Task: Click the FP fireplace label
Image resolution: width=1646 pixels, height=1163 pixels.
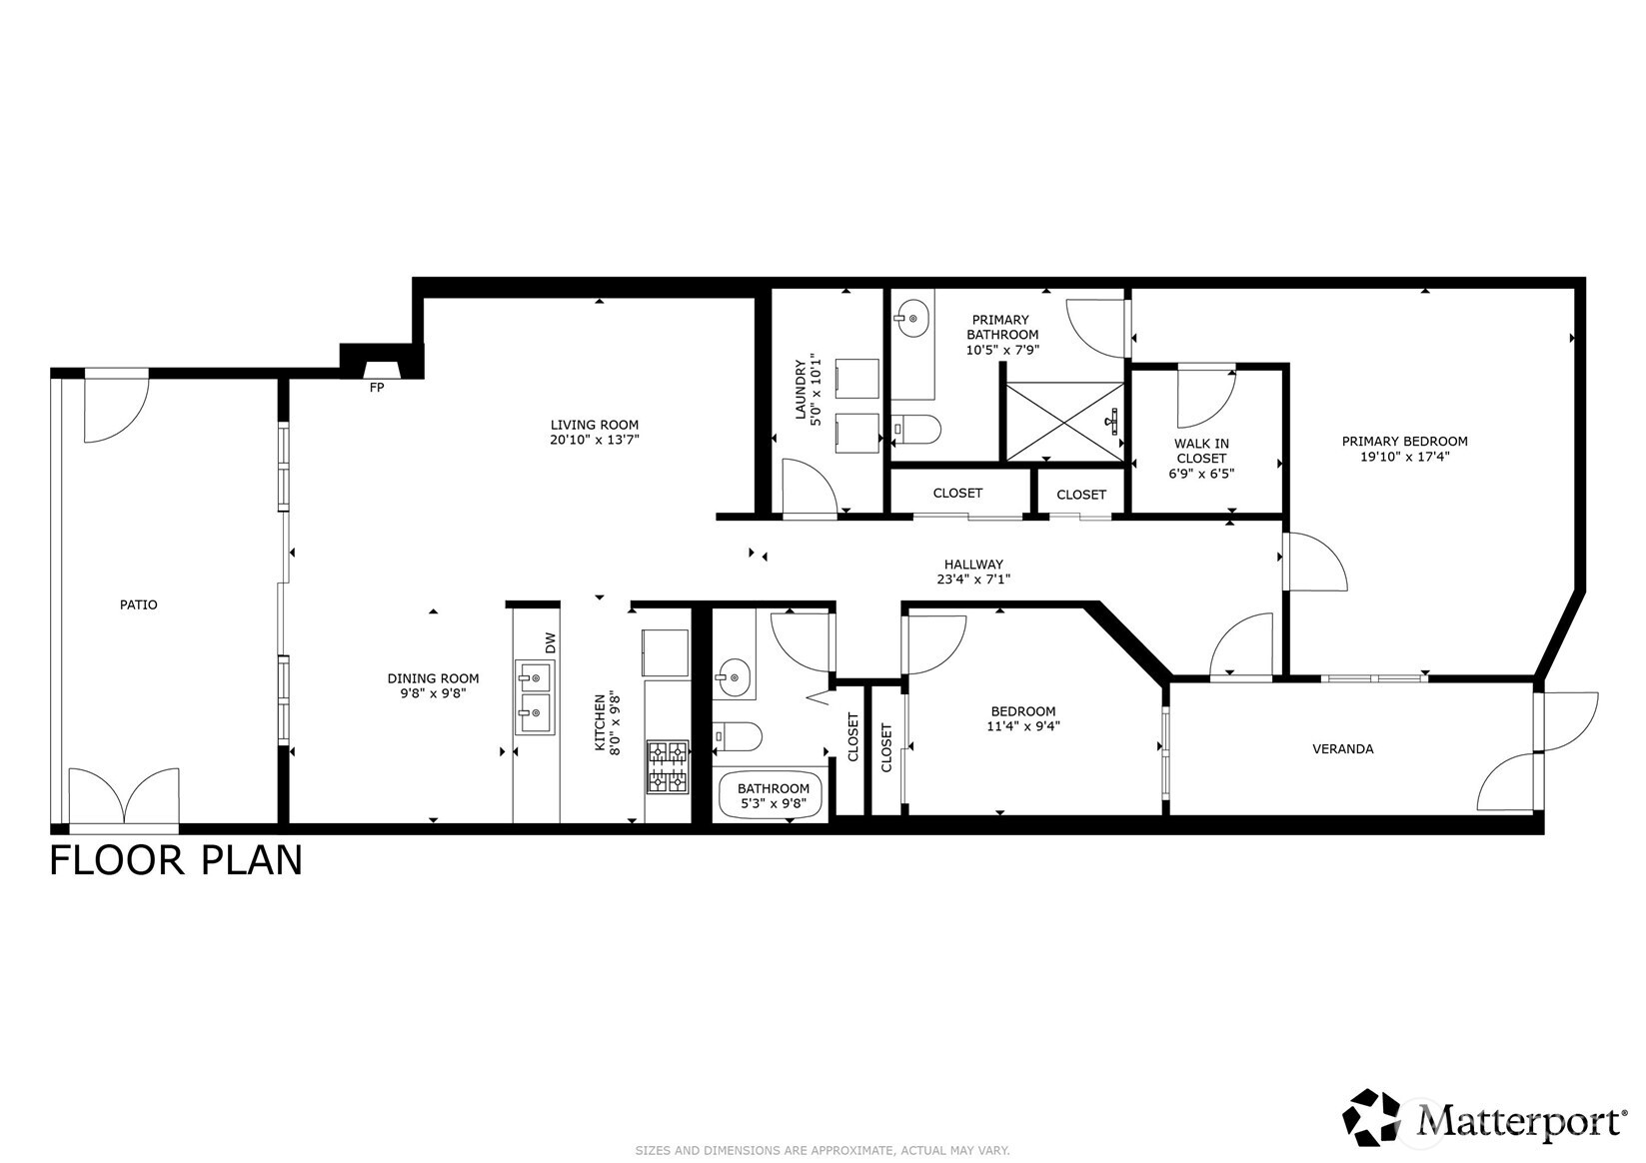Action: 377,388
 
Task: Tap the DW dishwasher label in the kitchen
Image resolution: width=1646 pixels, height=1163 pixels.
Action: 550,643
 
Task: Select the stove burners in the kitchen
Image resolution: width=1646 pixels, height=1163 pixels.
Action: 668,767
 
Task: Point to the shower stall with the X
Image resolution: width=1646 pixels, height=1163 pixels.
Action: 1064,422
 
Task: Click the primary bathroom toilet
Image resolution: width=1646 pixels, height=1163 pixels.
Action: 916,430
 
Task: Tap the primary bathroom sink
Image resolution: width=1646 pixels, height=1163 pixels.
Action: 910,320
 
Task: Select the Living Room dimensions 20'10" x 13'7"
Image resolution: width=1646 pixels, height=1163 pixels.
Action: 594,440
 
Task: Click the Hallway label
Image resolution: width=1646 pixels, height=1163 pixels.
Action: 973,565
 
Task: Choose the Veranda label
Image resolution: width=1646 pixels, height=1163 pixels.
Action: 1342,748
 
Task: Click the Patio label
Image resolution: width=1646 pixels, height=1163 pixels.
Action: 138,604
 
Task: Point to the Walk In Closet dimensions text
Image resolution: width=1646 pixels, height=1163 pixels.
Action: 1201,474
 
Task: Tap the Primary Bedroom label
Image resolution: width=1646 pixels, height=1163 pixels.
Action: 1404,441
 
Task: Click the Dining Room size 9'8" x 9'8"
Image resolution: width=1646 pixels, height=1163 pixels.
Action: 433,692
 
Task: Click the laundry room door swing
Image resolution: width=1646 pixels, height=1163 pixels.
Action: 808,488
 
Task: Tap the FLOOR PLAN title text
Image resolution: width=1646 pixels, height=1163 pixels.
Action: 176,860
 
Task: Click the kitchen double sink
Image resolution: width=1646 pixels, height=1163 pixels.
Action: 536,696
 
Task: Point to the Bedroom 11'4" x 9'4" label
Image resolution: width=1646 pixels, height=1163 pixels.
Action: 1022,718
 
